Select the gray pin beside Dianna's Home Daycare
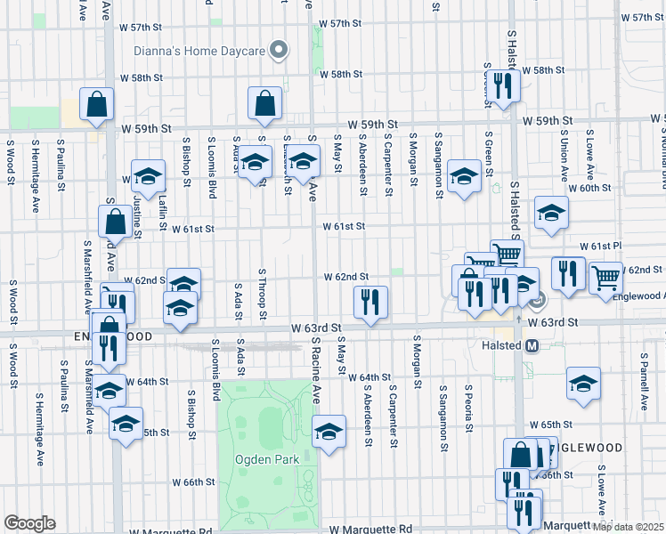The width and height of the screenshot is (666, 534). point(279,50)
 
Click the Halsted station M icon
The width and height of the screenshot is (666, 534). point(532,346)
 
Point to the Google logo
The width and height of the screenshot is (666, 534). point(29,523)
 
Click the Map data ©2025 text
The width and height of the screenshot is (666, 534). point(628,527)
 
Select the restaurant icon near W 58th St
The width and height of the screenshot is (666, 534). point(503,85)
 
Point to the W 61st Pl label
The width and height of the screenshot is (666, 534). point(600,246)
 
